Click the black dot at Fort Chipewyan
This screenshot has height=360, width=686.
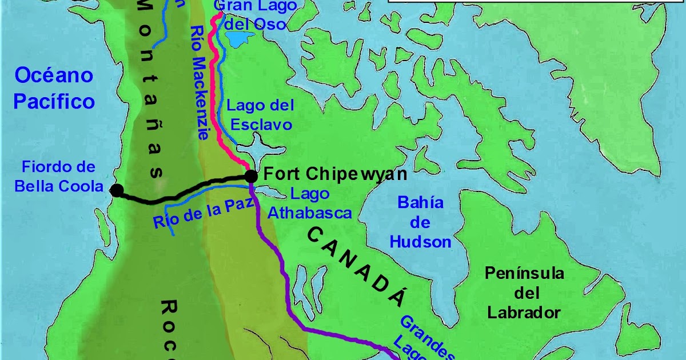250,175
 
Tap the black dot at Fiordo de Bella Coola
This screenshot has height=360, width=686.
117,190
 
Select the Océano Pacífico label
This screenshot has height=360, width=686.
54,88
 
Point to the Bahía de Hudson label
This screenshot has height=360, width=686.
420,222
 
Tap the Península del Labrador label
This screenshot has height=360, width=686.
524,293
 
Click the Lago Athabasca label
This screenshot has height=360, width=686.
310,203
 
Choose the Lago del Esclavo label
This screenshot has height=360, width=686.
260,115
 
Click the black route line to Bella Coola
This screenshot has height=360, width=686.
183,189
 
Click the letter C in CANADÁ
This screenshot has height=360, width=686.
316,235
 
